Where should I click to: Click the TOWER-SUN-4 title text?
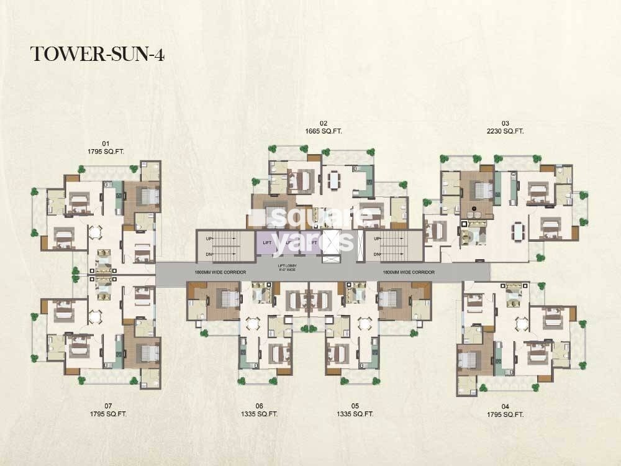pos(97,54)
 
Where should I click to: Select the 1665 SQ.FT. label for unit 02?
pos(323,131)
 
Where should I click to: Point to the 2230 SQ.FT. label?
pos(505,131)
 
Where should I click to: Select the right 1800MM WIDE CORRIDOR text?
pos(409,273)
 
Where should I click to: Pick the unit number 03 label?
pos(505,123)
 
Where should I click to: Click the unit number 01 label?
pos(105,142)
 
